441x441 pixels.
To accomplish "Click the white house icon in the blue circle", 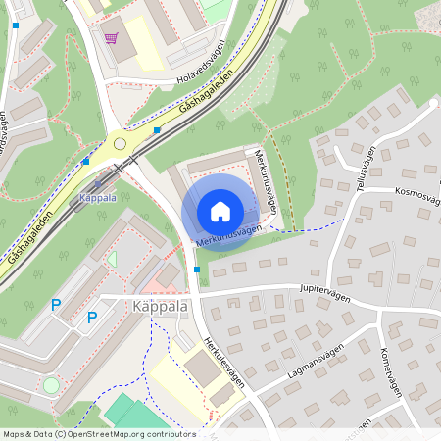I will pyautogui.click(x=220, y=212).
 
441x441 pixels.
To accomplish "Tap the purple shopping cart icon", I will pyautogui.click(x=111, y=38).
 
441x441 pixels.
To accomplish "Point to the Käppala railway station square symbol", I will pyautogui.click(x=98, y=183).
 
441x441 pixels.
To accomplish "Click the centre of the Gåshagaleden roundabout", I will pyautogui.click(x=120, y=143).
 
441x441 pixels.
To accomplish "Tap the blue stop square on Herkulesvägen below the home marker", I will pyautogui.click(x=197, y=269).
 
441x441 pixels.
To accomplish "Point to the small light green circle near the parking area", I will pyautogui.click(x=51, y=385).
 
